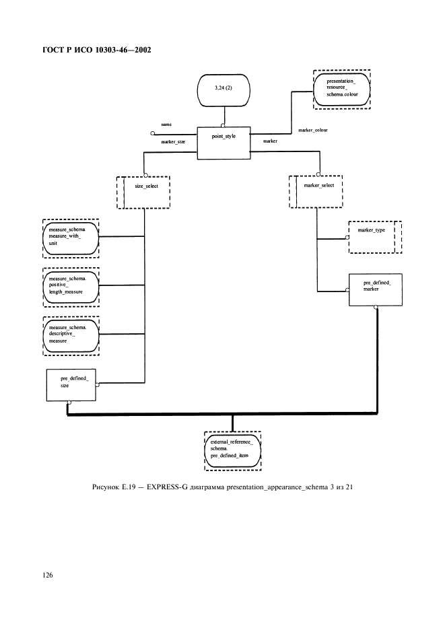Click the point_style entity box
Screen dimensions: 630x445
click(x=224, y=143)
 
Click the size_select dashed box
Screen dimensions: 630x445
click(x=143, y=193)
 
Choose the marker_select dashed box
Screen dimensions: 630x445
click(x=316, y=192)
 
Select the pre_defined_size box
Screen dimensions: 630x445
click(x=71, y=385)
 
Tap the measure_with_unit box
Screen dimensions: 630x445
click(x=70, y=237)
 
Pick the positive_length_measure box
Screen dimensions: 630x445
click(x=70, y=285)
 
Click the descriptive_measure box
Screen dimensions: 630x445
click(x=70, y=334)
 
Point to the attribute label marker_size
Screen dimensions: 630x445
click(x=174, y=143)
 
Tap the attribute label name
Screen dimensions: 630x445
click(x=167, y=125)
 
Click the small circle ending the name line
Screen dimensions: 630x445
click(x=153, y=134)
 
